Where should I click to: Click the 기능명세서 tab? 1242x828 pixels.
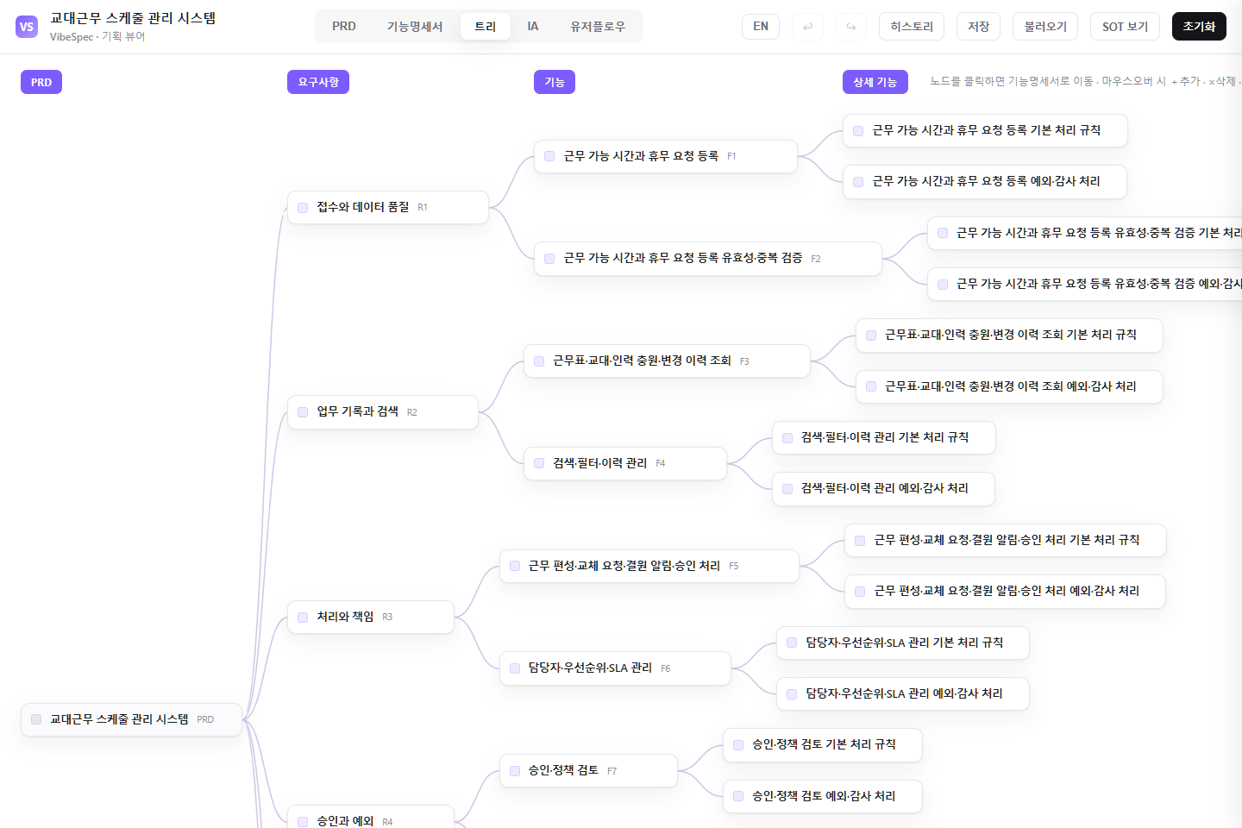coord(414,27)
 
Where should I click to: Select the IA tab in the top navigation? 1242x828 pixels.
coord(532,27)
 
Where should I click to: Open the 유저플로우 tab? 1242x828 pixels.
coord(597,27)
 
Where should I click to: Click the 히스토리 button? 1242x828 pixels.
coord(912,27)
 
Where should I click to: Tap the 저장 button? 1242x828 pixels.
coord(978,27)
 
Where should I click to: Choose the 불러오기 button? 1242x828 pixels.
coord(1045,27)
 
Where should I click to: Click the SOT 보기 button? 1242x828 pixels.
coord(1125,27)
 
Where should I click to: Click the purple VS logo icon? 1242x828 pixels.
coord(27,27)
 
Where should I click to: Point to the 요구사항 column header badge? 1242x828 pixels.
coord(317,82)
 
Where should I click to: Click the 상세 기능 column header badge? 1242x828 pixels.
coord(875,82)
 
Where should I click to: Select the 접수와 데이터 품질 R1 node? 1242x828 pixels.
coord(387,207)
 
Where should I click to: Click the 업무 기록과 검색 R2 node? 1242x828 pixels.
coord(383,412)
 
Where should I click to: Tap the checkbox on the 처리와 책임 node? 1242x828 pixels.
coord(303,618)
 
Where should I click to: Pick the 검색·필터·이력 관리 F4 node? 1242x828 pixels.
coord(624,463)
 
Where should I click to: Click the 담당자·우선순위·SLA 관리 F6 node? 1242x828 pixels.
coord(615,668)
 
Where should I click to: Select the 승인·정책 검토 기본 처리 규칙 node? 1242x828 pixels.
coord(822,745)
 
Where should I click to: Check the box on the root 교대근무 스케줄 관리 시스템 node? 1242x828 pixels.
coord(36,719)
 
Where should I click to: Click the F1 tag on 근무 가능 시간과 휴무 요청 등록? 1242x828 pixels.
coord(731,156)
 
